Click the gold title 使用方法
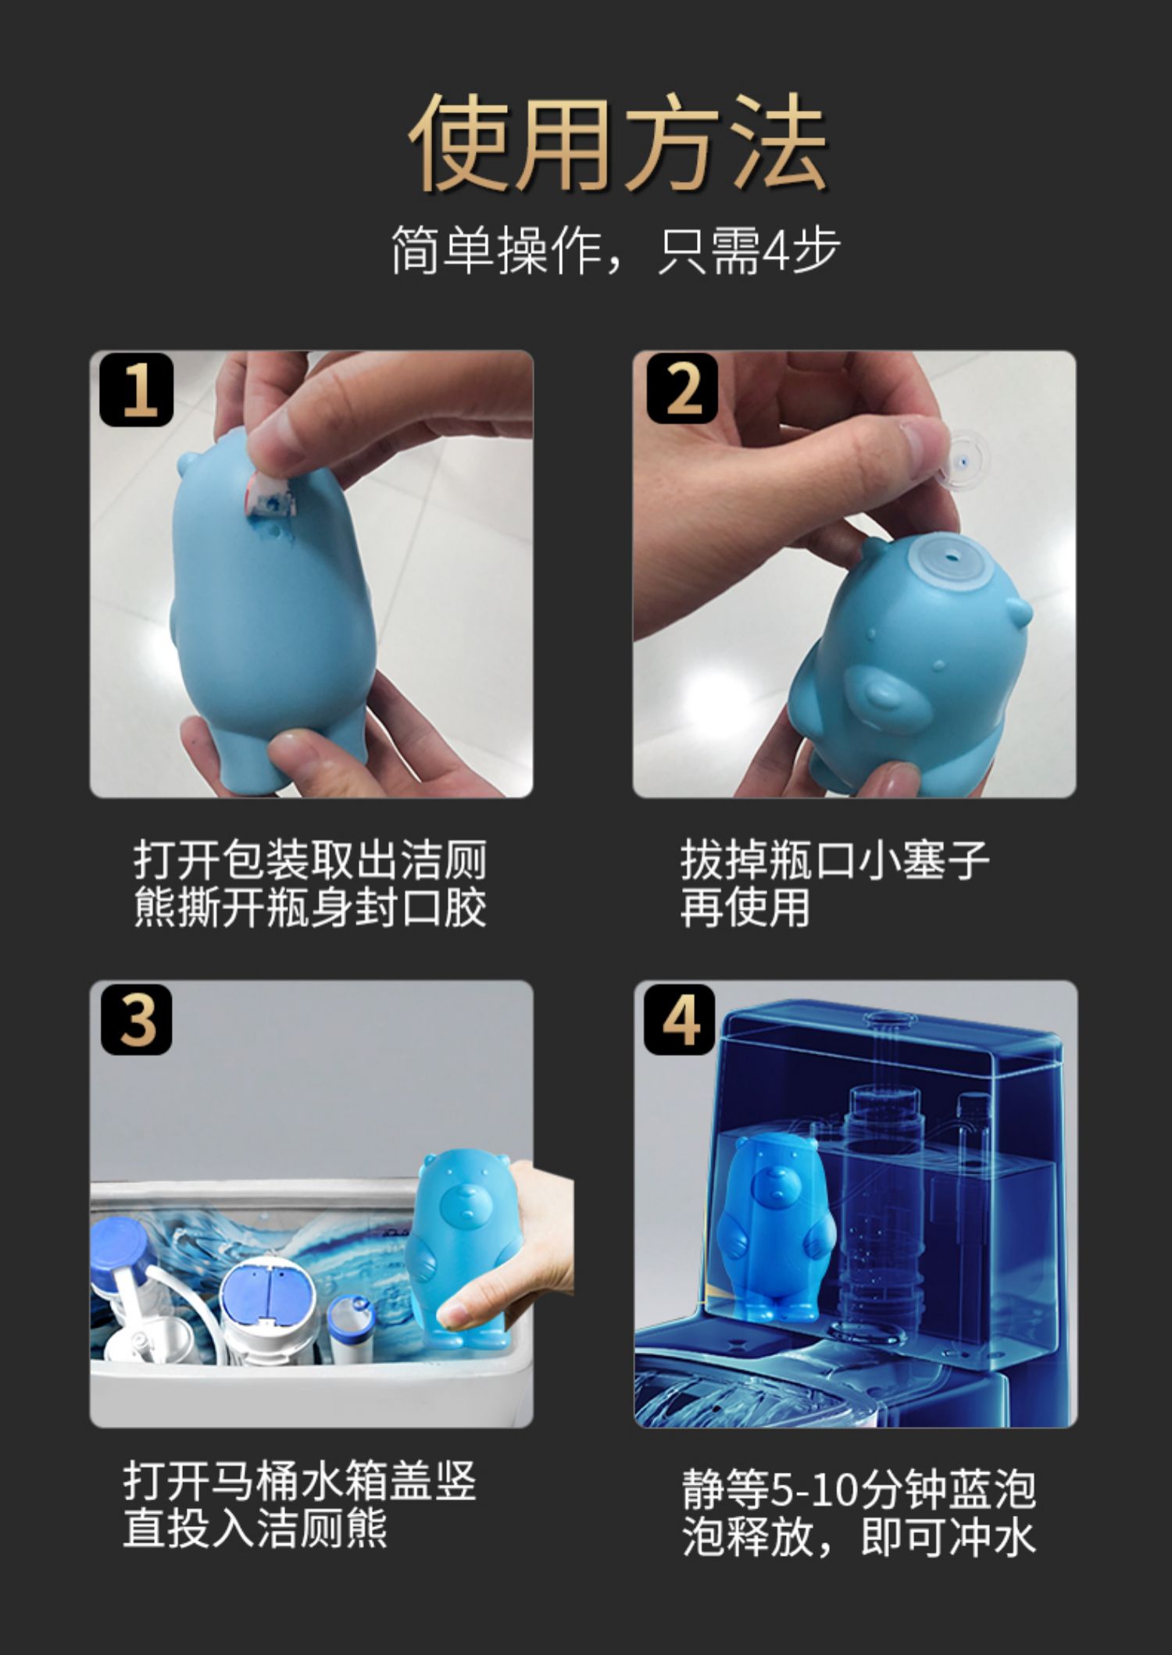click(616, 143)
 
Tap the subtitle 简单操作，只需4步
click(616, 251)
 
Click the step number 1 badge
click(137, 390)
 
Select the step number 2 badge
click(682, 389)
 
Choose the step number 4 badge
click(680, 1019)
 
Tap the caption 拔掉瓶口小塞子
click(834, 860)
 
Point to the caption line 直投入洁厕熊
click(255, 1529)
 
